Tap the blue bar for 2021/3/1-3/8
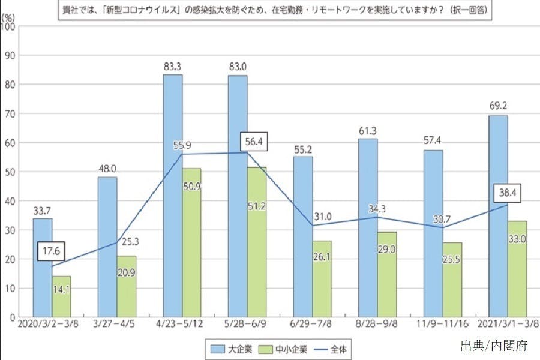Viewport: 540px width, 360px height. tap(498, 216)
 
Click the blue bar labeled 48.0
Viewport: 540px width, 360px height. tap(108, 246)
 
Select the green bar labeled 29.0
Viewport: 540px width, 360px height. tap(387, 274)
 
